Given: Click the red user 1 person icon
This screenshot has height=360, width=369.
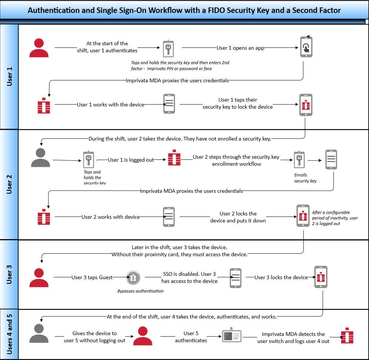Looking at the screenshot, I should [x=39, y=48].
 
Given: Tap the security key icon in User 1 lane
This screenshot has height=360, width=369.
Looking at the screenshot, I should [x=167, y=48].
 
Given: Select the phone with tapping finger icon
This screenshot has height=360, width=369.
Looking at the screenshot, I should [x=306, y=47].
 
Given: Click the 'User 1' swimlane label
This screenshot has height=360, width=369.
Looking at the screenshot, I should [x=10, y=77].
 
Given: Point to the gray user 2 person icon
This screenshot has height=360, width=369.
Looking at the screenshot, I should [x=40, y=158].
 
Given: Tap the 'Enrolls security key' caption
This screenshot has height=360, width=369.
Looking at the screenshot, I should [x=306, y=178].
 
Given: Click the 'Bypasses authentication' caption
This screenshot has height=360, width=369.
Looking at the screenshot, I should [x=141, y=291].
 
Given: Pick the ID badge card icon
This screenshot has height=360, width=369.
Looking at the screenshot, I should [x=232, y=336].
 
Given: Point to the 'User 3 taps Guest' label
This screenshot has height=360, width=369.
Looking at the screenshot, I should [x=92, y=277].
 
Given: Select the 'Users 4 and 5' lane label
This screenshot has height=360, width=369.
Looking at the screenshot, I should [x=10, y=334].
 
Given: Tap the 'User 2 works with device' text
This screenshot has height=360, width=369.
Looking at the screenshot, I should [x=111, y=217].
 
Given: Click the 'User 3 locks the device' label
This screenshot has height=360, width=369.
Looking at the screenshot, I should [x=281, y=277].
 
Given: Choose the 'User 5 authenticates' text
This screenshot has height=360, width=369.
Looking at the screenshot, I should [x=191, y=337].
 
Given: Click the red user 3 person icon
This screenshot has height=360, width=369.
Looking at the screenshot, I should [x=39, y=278].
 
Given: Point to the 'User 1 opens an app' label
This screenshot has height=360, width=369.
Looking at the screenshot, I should [x=240, y=48].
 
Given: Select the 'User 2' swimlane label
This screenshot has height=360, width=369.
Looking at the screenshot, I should [x=10, y=184].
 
